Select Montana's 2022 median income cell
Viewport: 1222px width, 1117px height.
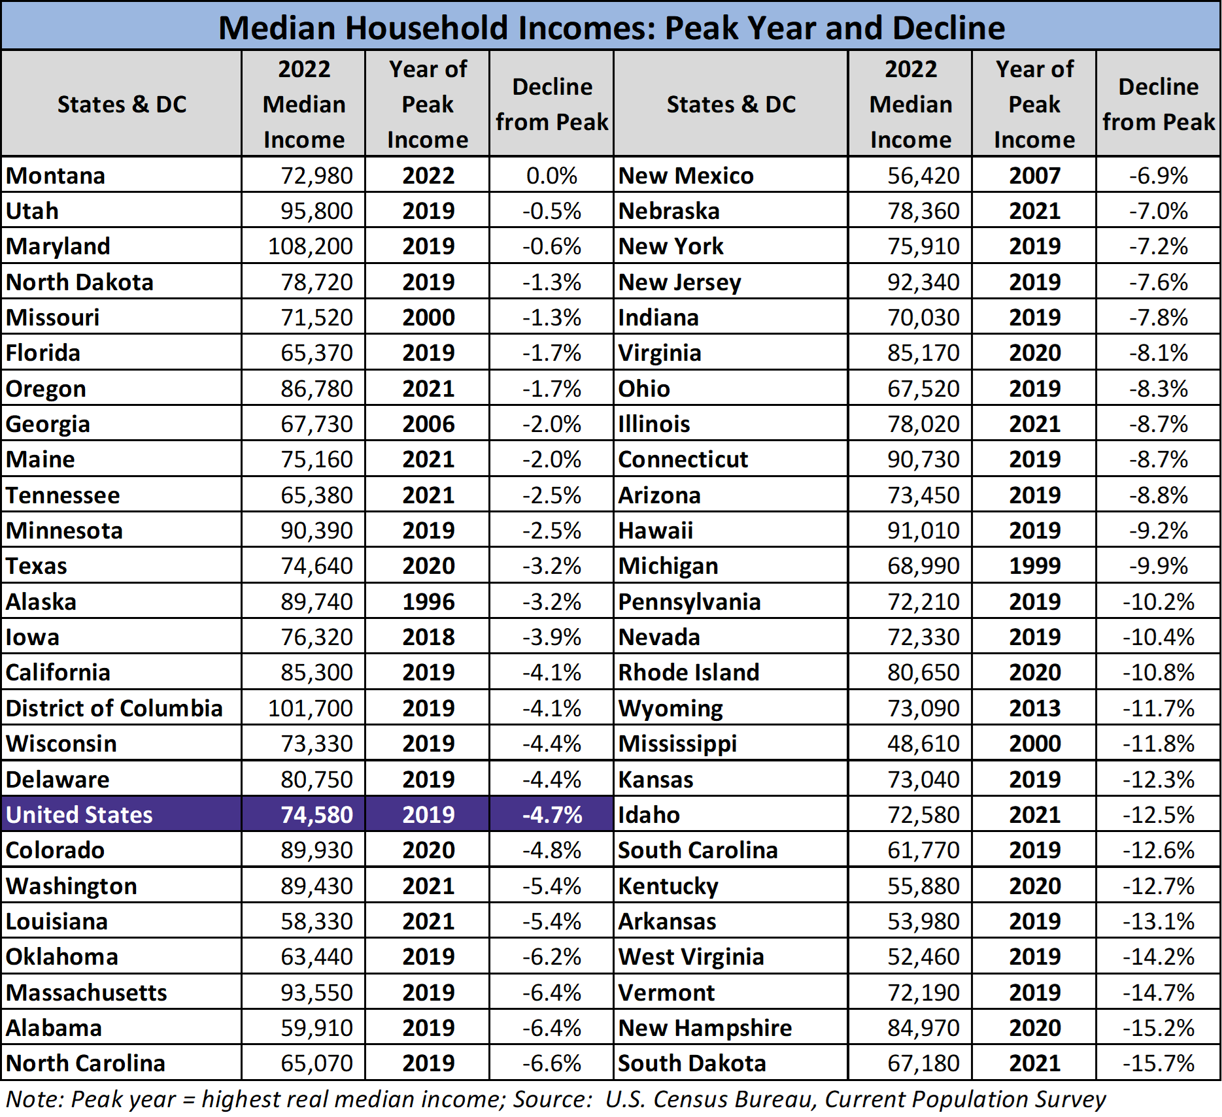click(x=316, y=176)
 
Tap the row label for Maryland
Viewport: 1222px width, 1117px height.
click(x=58, y=246)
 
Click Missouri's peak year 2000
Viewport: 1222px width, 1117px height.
click(x=428, y=318)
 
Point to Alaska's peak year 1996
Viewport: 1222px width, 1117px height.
click(x=428, y=602)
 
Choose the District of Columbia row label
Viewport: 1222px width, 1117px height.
click(x=114, y=709)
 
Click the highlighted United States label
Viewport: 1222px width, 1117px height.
click(x=79, y=815)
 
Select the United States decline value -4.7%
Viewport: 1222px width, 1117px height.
click(x=552, y=815)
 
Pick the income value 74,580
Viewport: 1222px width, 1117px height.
click(x=316, y=815)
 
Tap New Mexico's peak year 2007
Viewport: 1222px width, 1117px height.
click(x=1034, y=176)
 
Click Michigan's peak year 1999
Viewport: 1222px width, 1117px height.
click(x=1034, y=566)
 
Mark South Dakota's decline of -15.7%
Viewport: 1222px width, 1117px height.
click(x=1158, y=1063)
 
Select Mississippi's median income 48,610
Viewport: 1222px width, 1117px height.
click(x=923, y=744)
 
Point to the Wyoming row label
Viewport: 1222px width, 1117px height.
click(x=671, y=709)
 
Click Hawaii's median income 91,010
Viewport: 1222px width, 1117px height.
click(x=923, y=531)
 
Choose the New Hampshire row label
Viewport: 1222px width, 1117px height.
click(x=705, y=1028)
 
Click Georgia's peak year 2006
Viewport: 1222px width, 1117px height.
click(x=428, y=424)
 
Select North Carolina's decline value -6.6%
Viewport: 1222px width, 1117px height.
click(x=552, y=1063)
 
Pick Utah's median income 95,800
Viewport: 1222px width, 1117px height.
click(x=316, y=211)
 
